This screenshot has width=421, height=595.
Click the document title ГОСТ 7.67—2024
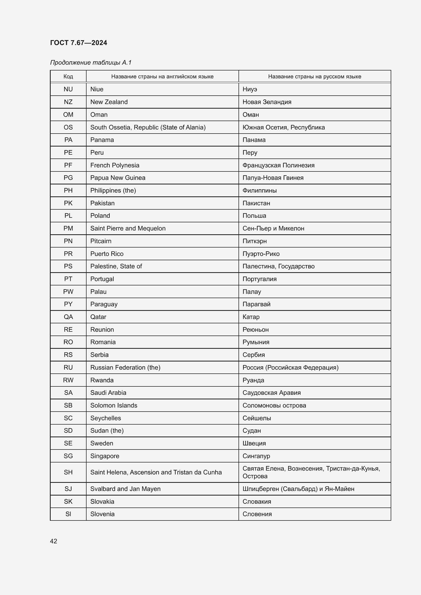78,43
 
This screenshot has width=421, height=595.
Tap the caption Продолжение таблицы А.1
91,63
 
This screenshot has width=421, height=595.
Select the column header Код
68,77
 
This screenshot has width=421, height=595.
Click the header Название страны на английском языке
162,77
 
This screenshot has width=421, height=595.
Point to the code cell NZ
68,102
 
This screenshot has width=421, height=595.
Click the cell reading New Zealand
109,102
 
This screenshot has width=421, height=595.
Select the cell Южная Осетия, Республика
284,127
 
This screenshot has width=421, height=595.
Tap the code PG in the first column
68,178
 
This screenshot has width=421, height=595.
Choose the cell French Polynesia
115,165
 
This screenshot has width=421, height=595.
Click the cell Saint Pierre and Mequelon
128,228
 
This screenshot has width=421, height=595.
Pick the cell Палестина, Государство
278,266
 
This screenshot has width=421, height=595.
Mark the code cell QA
68,317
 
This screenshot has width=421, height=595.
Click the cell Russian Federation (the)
125,368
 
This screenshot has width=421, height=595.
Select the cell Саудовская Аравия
271,393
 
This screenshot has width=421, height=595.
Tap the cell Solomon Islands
114,405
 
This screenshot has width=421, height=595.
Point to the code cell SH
68,472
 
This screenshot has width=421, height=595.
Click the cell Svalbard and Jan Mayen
125,489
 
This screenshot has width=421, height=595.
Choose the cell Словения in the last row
257,514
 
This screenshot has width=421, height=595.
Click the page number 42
53,541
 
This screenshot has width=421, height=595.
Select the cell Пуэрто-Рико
261,254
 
